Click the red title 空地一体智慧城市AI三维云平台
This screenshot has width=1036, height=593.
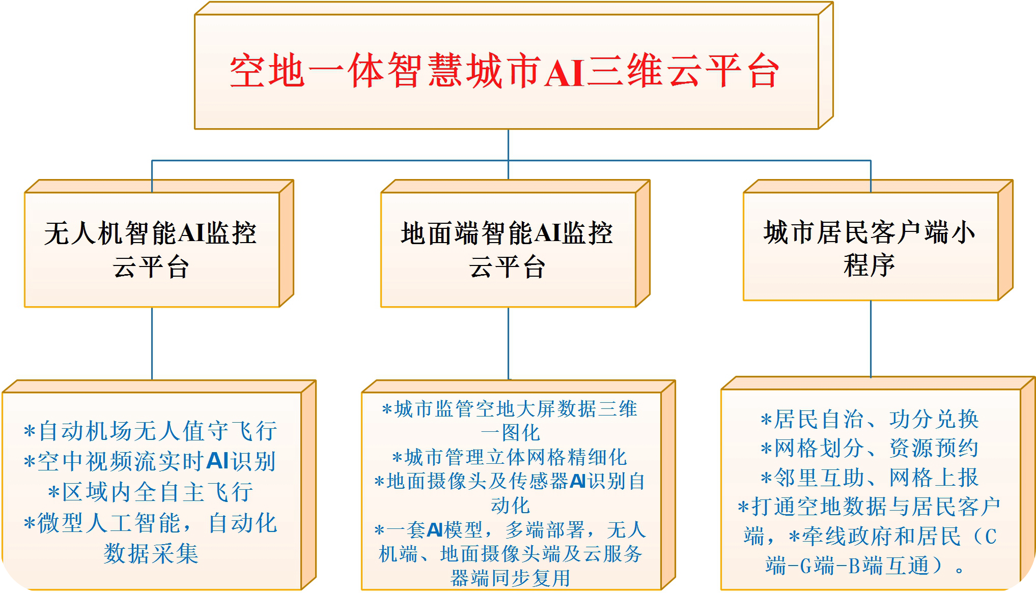[x=504, y=71]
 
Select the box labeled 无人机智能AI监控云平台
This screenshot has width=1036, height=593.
[x=159, y=244]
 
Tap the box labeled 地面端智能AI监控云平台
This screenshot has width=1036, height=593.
[x=515, y=244]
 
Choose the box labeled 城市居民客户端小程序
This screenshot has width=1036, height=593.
[x=878, y=240]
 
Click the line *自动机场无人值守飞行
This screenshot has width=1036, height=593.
[x=151, y=431]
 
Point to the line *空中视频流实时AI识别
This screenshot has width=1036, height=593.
[x=150, y=462]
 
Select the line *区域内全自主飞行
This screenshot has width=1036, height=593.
[x=151, y=492]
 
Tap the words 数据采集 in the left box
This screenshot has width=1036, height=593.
[x=151, y=553]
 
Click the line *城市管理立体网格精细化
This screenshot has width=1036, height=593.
[x=510, y=457]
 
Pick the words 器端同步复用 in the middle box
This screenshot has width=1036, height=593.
[x=510, y=578]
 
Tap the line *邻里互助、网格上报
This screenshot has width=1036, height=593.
[x=870, y=478]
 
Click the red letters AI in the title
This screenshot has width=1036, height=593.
[x=564, y=72]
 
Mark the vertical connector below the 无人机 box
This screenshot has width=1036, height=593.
[x=152, y=344]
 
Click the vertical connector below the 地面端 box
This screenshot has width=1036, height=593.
[x=508, y=344]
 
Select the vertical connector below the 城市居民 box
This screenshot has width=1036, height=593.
[x=871, y=339]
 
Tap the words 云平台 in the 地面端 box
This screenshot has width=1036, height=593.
[x=508, y=266]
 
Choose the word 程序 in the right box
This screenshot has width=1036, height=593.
[x=870, y=265]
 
